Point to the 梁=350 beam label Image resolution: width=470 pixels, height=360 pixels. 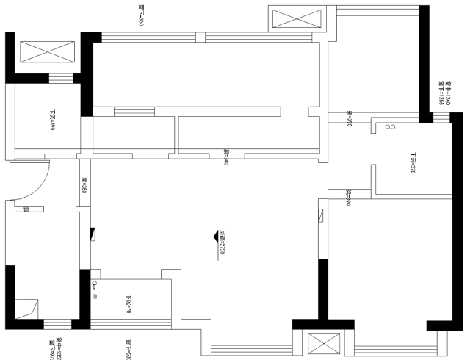click(84, 185)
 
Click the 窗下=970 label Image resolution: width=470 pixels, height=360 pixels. click(52, 346)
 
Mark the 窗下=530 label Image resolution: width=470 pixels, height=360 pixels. click(127, 346)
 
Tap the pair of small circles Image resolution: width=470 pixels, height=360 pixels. click(390, 127)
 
